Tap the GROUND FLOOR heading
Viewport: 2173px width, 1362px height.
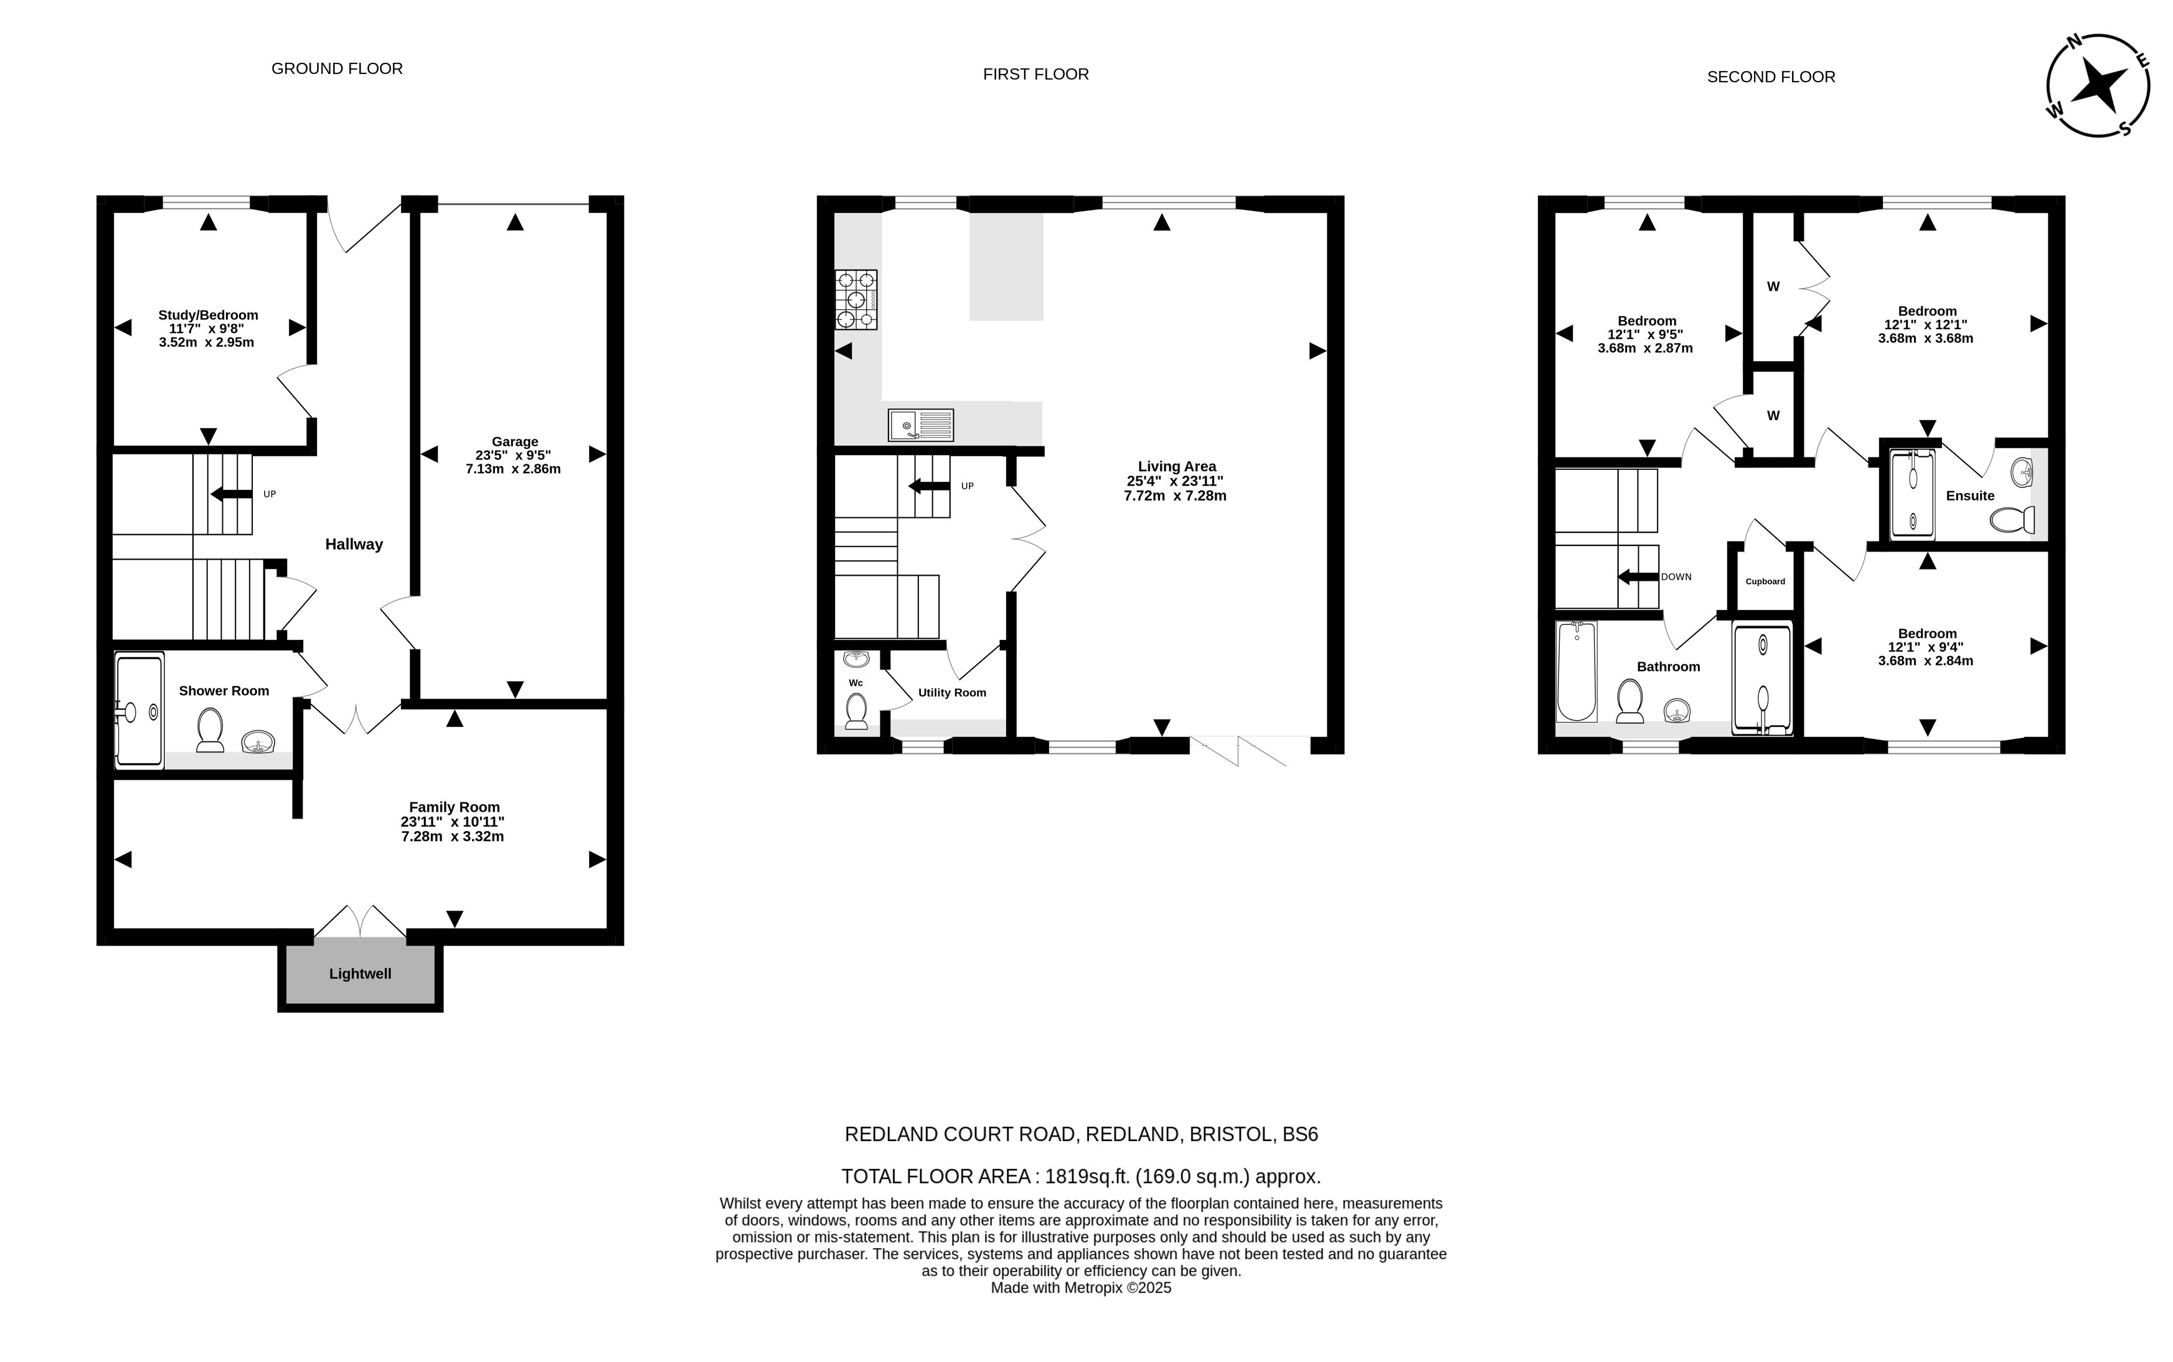coord(337,68)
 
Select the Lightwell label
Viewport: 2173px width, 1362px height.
coord(361,974)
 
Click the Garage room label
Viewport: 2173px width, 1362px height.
coord(514,441)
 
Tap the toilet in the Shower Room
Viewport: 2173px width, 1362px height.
coord(210,730)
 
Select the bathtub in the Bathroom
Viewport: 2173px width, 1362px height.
coord(1577,671)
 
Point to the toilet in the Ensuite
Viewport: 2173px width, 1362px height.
coord(2012,520)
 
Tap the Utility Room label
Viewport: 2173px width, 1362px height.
coord(952,693)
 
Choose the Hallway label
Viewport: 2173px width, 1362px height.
coord(354,544)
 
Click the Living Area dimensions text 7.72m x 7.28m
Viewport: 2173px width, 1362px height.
coord(1175,495)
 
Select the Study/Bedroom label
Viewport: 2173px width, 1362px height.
coord(208,314)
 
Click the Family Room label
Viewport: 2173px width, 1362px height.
coord(454,807)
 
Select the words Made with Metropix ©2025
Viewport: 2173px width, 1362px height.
coord(1081,1288)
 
